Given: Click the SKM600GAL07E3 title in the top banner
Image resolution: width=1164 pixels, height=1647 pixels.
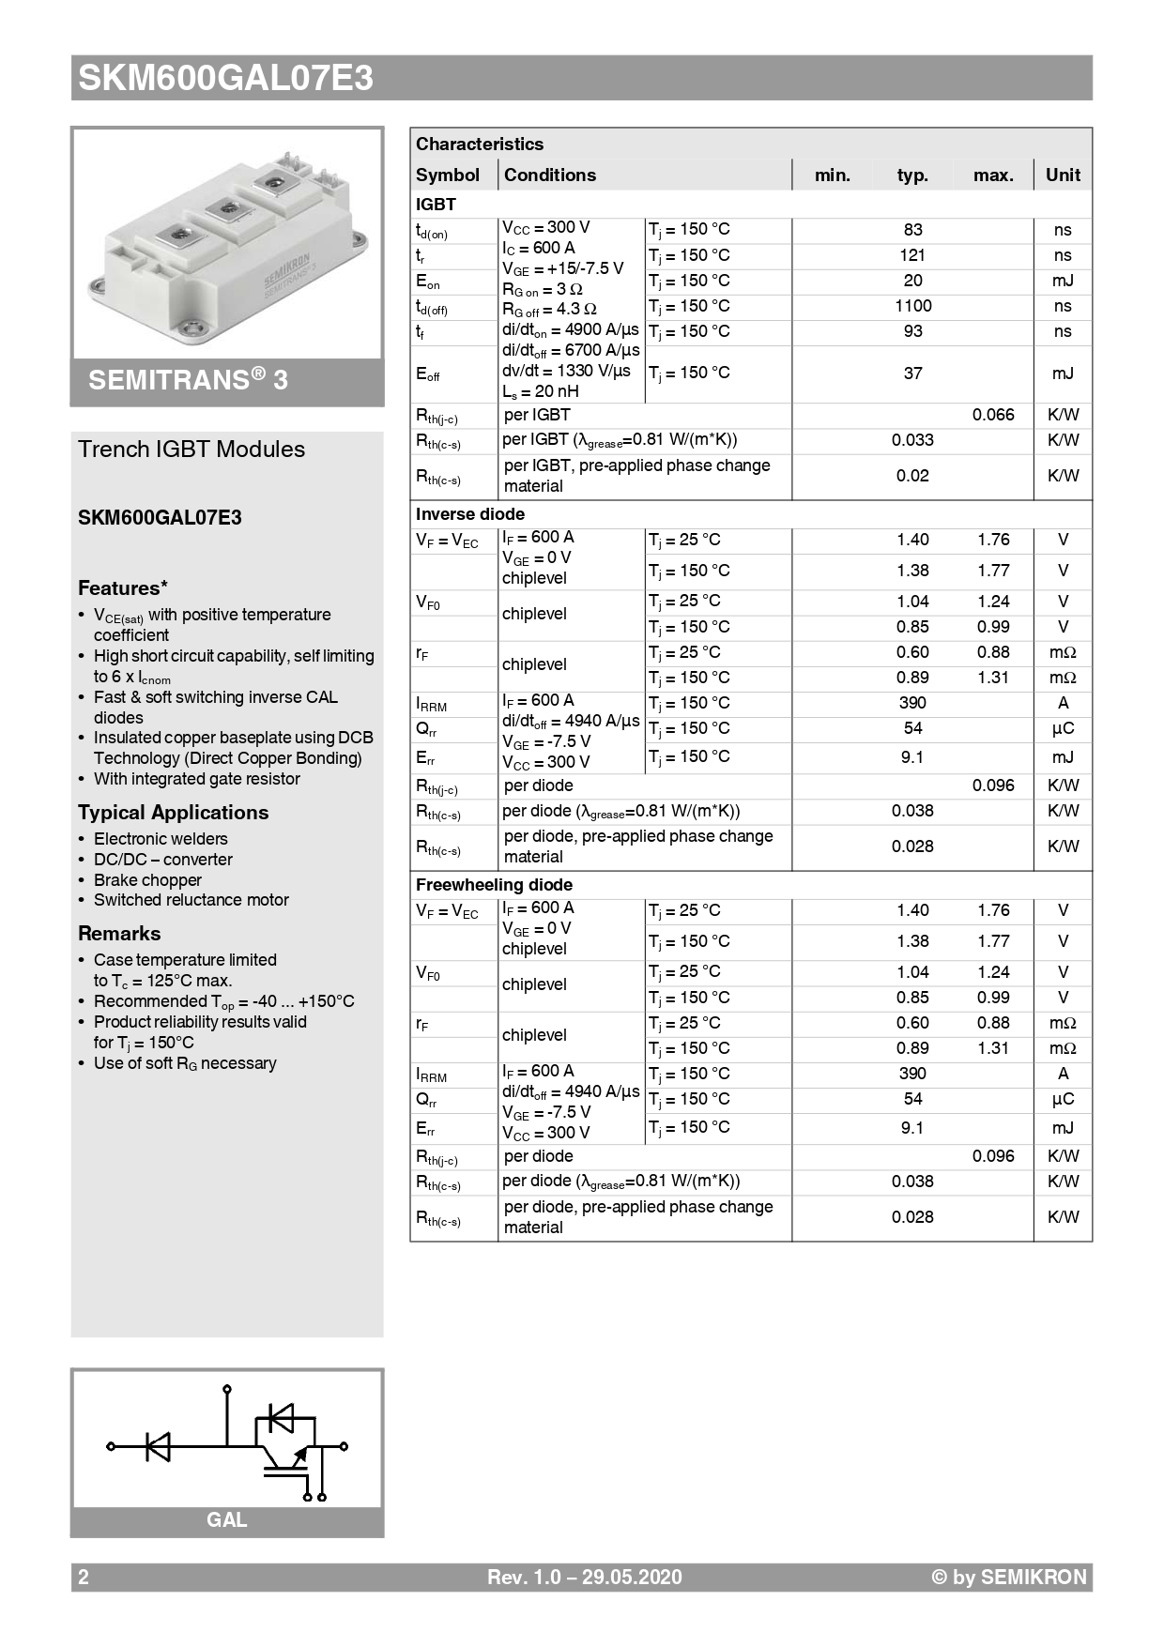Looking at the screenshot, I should (225, 78).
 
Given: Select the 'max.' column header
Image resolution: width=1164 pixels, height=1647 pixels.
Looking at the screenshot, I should (993, 175).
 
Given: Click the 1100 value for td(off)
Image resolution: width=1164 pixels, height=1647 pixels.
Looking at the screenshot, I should (912, 306).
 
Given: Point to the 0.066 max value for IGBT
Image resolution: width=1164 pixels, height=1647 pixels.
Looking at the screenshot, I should (993, 415).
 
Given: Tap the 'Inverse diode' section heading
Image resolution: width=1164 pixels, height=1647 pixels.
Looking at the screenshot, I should (470, 514).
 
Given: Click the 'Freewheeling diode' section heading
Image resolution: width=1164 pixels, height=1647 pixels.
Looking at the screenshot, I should (494, 885).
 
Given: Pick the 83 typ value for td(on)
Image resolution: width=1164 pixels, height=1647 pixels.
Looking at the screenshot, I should (912, 230).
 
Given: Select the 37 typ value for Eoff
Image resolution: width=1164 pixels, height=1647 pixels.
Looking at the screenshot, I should (912, 374).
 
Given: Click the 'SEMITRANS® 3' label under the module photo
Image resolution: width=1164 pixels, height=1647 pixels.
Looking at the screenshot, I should (188, 380).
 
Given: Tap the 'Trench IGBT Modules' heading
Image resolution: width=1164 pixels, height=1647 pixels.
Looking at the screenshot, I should (191, 450).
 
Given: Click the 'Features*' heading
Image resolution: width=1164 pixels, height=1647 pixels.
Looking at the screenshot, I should (123, 588).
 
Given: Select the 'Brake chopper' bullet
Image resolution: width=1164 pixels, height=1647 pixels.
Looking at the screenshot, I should (147, 880).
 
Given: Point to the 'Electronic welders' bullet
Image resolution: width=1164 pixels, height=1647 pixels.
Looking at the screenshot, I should (161, 839).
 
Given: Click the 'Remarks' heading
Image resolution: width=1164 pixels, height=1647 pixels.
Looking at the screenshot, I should (119, 934).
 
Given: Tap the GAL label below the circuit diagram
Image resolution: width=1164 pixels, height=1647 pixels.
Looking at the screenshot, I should (226, 1520).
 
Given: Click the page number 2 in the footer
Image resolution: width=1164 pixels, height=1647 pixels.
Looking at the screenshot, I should (84, 1578).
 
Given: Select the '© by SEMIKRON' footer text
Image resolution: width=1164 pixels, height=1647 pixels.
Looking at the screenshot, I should (1008, 1578).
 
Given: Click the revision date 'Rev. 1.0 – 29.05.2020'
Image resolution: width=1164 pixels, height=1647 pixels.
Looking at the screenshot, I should (584, 1578).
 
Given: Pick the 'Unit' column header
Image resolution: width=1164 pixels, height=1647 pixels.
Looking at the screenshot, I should (1063, 175).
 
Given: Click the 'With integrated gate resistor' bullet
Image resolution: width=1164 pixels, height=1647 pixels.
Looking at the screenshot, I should (197, 779).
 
